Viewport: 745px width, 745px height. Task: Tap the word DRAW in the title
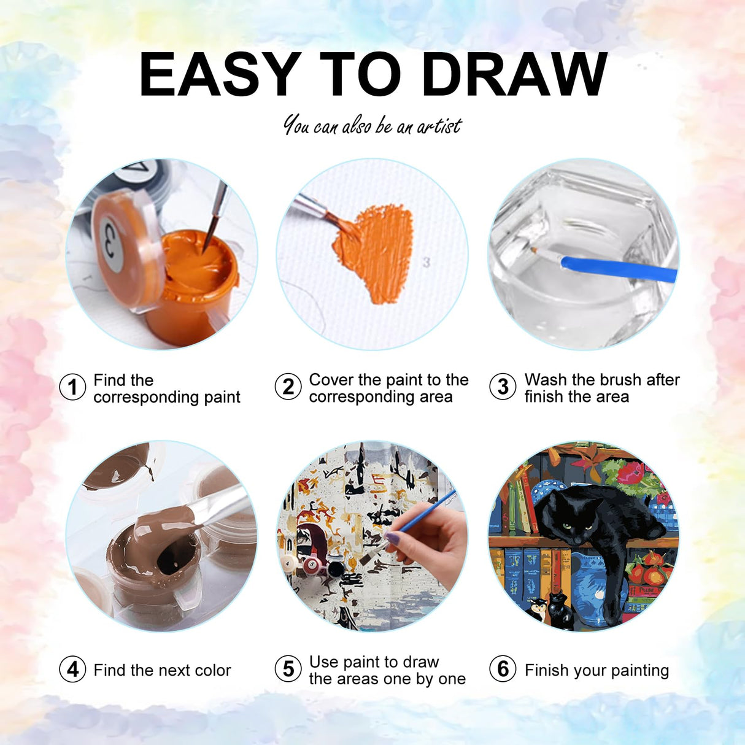pyautogui.click(x=515, y=75)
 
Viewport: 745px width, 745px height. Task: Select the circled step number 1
pyautogui.click(x=72, y=387)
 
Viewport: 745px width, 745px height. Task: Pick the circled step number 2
pyautogui.click(x=288, y=387)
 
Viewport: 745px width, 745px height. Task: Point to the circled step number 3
pyautogui.click(x=503, y=387)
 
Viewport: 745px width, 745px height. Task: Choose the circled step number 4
pyautogui.click(x=72, y=670)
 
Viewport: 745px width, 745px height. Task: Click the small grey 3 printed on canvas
pyautogui.click(x=427, y=263)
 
